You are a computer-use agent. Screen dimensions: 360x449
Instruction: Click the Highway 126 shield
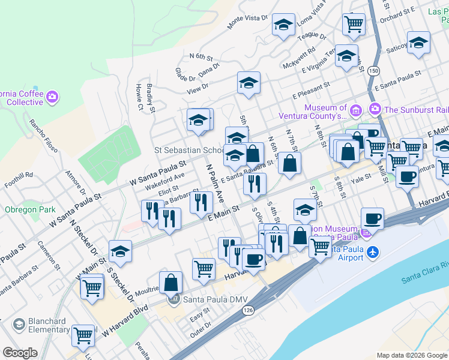pyautogui.click(x=247, y=310)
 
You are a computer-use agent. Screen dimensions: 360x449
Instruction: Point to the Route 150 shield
pyautogui.click(x=373, y=70)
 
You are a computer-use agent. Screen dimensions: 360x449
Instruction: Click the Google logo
pyautogui.click(x=20, y=353)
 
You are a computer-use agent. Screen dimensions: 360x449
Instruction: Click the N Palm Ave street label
pyautogui.click(x=215, y=182)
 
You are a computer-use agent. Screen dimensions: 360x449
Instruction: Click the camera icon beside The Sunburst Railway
pyautogui.click(x=375, y=109)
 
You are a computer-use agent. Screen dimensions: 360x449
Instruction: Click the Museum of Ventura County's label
pyautogui.click(x=325, y=112)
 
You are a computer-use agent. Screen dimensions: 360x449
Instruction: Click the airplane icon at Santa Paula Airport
pyautogui.click(x=373, y=250)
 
